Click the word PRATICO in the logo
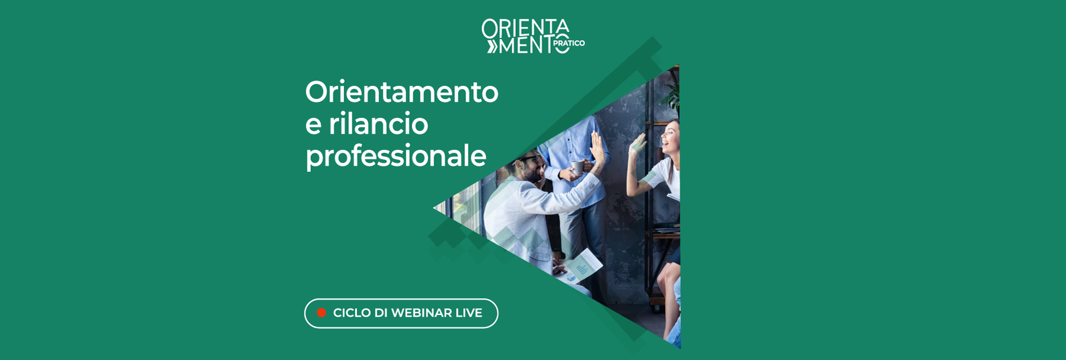tap(569, 43)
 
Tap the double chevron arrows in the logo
tap(492, 46)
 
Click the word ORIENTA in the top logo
tap(525, 28)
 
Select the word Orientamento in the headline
tap(402, 92)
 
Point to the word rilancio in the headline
tap(378, 124)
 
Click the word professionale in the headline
tap(396, 156)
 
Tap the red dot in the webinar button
tap(322, 313)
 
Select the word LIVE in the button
tap(468, 313)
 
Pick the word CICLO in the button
tap(352, 313)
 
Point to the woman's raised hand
tap(638, 145)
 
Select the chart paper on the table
tap(583, 265)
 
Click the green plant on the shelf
tap(672, 92)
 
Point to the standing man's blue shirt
tap(569, 142)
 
